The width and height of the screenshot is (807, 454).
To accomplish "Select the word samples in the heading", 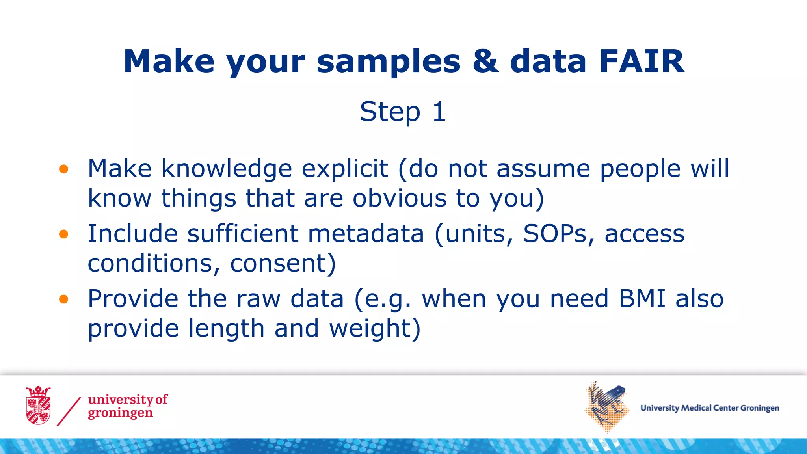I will pyautogui.click(x=389, y=62).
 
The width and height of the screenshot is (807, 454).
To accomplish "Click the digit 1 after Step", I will pyautogui.click(x=439, y=112).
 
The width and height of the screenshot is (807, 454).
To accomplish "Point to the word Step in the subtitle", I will pyautogui.click(x=390, y=112).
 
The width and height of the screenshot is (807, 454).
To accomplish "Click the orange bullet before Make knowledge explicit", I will pyautogui.click(x=63, y=169).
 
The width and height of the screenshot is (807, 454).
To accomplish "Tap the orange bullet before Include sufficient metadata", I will pyautogui.click(x=63, y=234).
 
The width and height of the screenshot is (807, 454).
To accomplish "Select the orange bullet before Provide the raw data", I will pyautogui.click(x=63, y=300).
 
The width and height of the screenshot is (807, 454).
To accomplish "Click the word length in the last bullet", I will pyautogui.click(x=226, y=329).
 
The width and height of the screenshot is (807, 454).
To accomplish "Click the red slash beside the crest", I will pyautogui.click(x=69, y=411).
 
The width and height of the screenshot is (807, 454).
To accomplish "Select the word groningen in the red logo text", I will pyautogui.click(x=120, y=413).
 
